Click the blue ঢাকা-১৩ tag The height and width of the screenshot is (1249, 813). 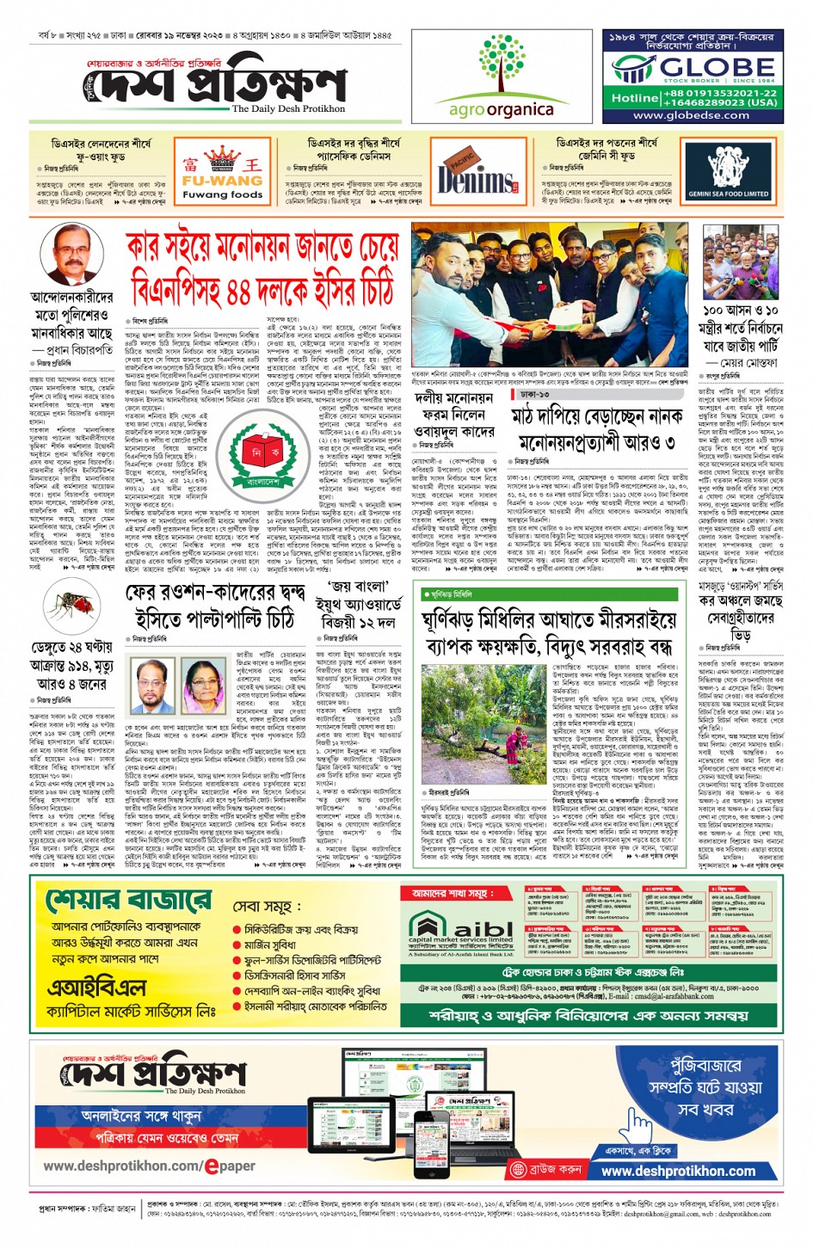click(534, 394)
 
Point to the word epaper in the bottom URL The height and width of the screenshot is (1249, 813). click(229, 1166)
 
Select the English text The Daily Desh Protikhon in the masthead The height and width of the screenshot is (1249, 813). click(287, 109)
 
